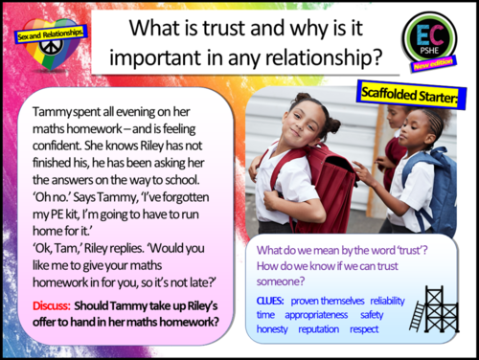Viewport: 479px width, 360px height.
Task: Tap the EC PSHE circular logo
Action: coord(434,39)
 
